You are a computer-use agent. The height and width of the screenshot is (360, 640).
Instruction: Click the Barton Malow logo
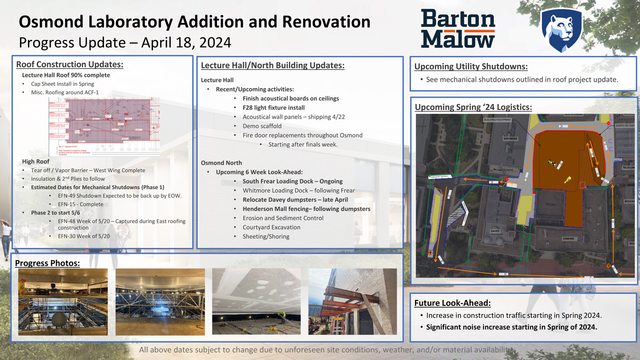[458, 29]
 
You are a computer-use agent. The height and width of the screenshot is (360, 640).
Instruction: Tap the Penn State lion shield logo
[561, 30]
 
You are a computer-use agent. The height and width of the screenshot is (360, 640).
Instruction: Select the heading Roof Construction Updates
[69, 64]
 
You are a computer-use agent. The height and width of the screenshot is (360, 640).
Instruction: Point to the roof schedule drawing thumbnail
[104, 127]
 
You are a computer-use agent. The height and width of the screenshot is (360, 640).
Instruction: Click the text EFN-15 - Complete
[80, 204]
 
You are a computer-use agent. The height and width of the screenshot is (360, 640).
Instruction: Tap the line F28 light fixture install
[273, 108]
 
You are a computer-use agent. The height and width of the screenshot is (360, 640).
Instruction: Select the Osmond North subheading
[221, 163]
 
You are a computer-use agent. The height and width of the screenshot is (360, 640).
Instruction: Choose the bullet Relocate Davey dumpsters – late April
[295, 200]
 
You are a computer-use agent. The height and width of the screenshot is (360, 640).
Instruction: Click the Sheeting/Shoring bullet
[266, 236]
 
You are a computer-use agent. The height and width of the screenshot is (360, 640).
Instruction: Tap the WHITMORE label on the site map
[510, 139]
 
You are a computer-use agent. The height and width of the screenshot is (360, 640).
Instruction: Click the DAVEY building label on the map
[495, 231]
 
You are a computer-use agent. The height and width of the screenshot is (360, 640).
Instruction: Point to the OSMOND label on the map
[568, 239]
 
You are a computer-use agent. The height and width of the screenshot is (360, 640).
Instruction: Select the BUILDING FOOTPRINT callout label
[498, 120]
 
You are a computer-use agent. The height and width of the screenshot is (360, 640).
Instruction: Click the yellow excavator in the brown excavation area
[568, 180]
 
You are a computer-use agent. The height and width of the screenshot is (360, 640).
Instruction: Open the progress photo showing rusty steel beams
[352, 301]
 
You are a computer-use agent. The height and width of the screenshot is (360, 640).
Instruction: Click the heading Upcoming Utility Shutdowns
[471, 67]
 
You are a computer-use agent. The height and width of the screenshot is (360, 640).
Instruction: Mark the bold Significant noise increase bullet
[511, 327]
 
